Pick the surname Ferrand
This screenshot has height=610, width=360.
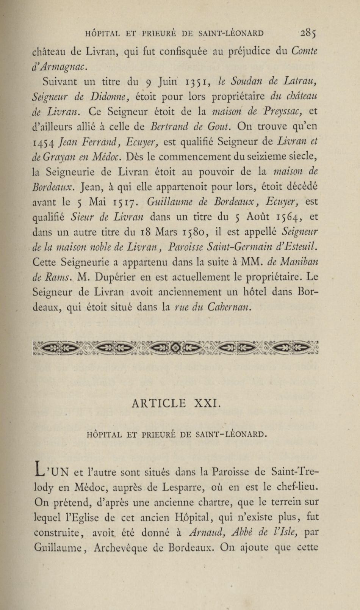(x=99, y=142)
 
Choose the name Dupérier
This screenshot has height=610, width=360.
(x=114, y=277)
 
